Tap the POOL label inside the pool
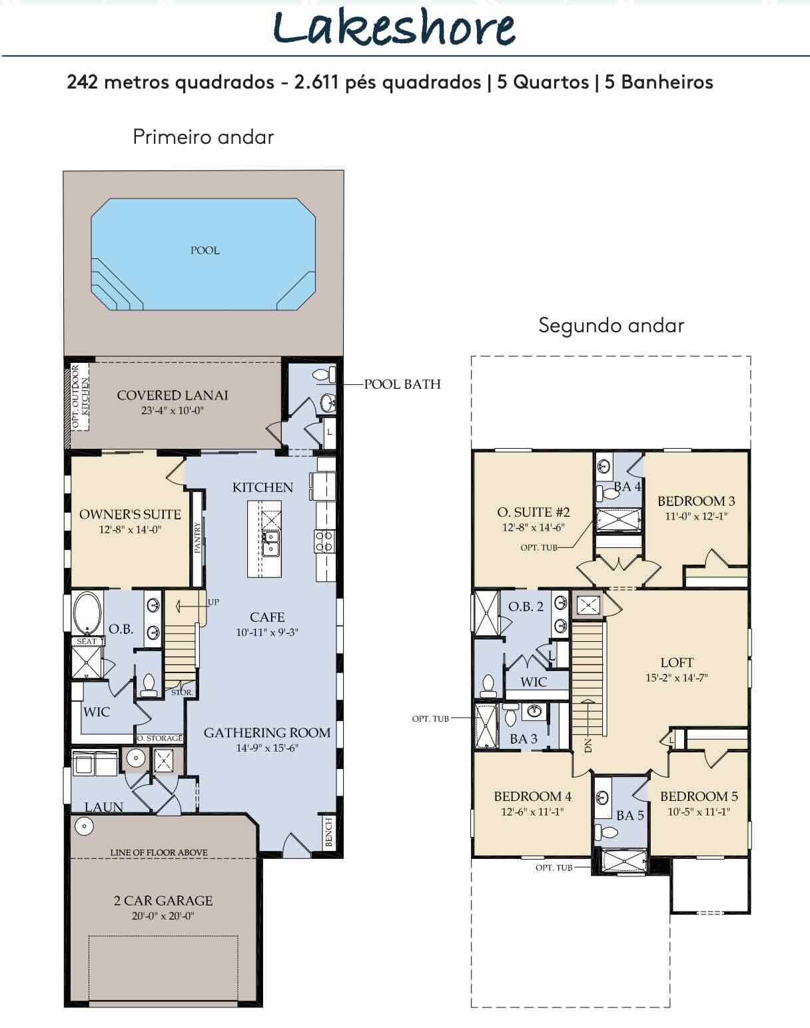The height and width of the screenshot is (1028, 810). [x=205, y=250]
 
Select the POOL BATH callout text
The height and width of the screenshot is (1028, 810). [x=402, y=384]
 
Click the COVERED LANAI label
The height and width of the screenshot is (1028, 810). [x=173, y=395]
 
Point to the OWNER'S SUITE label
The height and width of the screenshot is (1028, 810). [x=130, y=514]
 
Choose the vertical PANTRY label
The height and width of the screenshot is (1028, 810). [x=198, y=537]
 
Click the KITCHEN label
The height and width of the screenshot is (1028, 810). [x=263, y=487]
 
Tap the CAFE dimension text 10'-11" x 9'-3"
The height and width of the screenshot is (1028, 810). [x=267, y=632]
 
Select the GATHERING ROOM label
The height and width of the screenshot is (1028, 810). [x=267, y=732]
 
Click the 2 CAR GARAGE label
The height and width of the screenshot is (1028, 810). [x=163, y=900]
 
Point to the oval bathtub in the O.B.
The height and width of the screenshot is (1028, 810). [x=87, y=613]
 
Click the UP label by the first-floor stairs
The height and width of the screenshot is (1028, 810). [x=213, y=602]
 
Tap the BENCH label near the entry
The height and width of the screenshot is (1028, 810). [x=329, y=832]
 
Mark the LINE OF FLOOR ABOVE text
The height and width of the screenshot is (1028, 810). [x=159, y=852]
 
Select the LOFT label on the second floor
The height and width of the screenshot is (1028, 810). [x=677, y=662]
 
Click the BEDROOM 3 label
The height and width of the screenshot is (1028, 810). [x=696, y=501]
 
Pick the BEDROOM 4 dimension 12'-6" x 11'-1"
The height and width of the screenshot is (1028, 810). [x=532, y=811]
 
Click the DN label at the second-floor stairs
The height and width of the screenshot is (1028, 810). [x=588, y=745]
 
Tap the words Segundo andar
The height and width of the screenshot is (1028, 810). [x=611, y=326]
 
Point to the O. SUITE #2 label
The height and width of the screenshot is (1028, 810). [x=534, y=512]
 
